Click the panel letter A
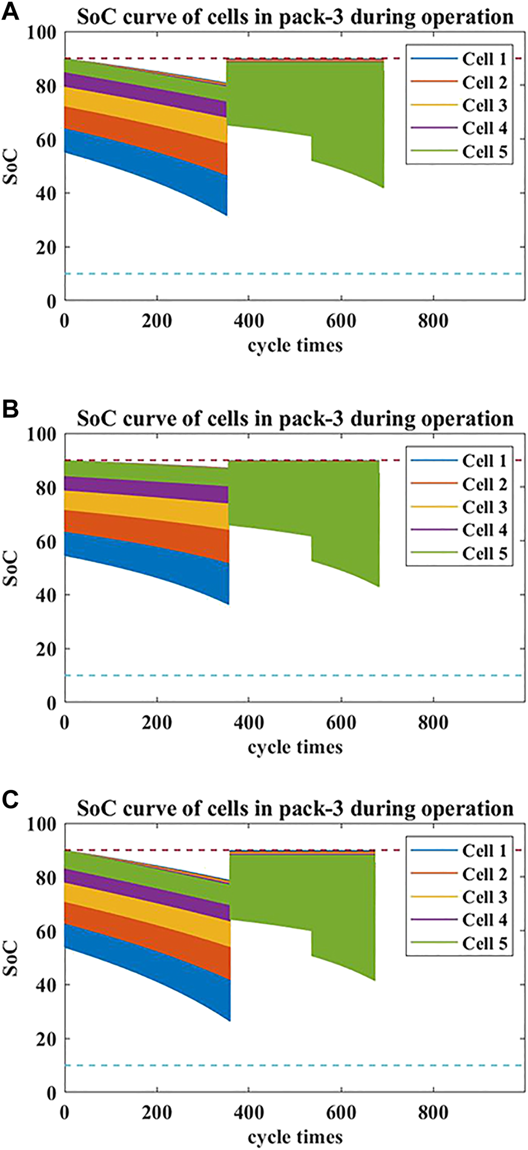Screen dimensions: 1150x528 point(10,12)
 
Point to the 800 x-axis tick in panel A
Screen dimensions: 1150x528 point(433,321)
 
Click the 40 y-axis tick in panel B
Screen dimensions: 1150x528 point(48,595)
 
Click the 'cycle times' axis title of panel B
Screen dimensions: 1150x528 point(295,747)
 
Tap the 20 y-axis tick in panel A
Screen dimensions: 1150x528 point(48,247)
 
